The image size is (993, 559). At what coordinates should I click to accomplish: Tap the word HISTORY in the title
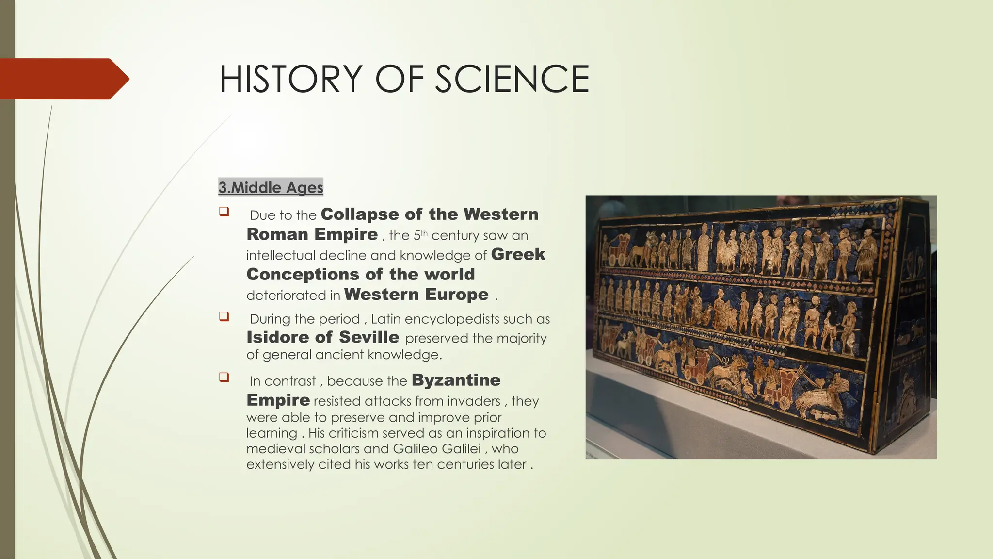[291, 79]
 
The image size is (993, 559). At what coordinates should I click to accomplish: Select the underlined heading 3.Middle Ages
[271, 187]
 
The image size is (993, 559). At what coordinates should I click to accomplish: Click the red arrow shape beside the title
[63, 79]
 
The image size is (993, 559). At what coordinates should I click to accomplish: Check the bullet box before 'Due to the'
[224, 212]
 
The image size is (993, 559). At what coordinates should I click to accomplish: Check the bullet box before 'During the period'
[224, 316]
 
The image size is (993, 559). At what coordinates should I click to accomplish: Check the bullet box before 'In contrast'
[224, 377]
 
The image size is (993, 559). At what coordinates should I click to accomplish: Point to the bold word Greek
[518, 254]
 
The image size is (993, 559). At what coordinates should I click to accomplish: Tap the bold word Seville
[369, 337]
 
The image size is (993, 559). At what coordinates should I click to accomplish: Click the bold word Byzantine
[456, 380]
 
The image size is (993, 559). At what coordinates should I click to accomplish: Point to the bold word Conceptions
[302, 274]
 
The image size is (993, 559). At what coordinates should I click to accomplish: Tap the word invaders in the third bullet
[474, 401]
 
